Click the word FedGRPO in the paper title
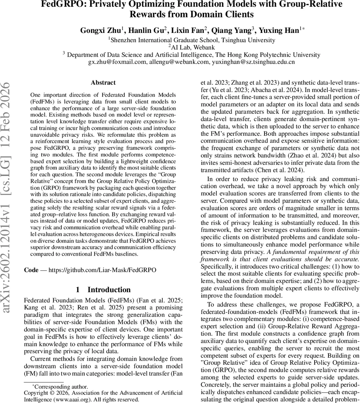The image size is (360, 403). tap(61, 4)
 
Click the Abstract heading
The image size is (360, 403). tap(103, 83)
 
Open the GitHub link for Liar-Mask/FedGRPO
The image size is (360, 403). tap(103, 270)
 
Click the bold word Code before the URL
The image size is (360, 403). tap(31, 270)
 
